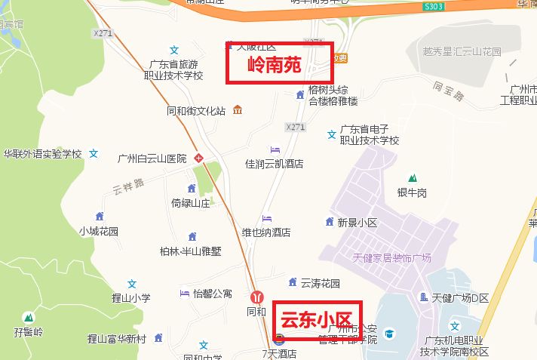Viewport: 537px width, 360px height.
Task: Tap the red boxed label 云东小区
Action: point(318,320)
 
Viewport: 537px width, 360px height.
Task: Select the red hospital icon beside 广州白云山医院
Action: point(199,158)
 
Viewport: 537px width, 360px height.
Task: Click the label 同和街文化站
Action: point(196,111)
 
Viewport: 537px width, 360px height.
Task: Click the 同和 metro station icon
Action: point(258,297)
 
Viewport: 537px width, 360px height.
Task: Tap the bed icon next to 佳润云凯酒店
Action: point(275,150)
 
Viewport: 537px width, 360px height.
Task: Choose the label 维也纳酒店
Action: point(265,232)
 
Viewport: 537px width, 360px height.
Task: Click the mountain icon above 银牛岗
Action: point(412,177)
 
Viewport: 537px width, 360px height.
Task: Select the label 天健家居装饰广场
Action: point(391,258)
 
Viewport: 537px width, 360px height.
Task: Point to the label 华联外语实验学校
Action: point(42,154)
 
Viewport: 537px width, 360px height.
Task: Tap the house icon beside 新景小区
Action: point(329,221)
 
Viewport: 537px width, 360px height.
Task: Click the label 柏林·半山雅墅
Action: point(191,251)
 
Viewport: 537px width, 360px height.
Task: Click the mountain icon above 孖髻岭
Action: point(29,317)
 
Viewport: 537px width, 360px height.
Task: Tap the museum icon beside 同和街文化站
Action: point(238,110)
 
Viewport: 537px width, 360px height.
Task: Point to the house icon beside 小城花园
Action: point(99,217)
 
